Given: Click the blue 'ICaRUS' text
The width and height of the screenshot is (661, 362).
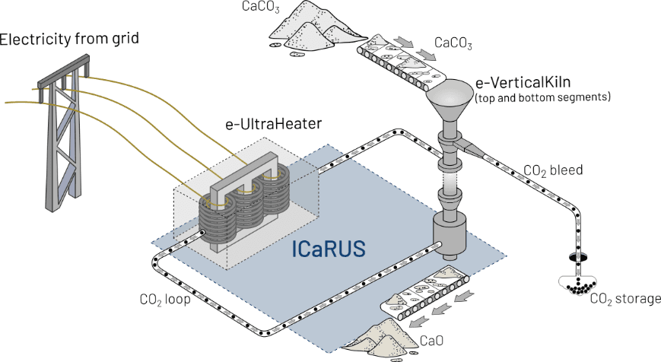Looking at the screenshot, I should pos(331,249).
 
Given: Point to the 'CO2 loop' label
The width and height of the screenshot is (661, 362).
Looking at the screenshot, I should pos(165,299).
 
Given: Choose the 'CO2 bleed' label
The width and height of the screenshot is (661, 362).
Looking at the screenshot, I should pos(554,170).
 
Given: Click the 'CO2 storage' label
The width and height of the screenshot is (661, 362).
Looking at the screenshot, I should pos(626,298).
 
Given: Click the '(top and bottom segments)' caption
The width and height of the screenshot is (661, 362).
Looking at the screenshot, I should pos(542,98).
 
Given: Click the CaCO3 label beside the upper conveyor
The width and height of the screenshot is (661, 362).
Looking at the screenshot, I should pos(453,46).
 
